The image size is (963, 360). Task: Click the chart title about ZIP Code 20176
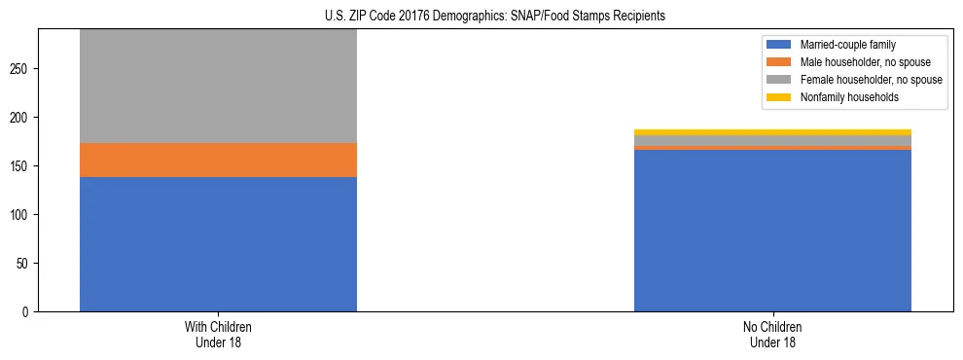click(495, 17)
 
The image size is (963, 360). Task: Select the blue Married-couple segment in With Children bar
click(218, 244)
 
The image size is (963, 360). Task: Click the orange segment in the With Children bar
click(218, 160)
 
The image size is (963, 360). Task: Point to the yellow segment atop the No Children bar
click(772, 132)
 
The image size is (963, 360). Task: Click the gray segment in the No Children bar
click(772, 141)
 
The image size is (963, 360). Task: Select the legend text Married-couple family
click(848, 45)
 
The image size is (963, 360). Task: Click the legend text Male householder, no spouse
click(865, 62)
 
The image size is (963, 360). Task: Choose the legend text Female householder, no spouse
click(871, 80)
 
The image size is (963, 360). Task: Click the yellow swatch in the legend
click(779, 97)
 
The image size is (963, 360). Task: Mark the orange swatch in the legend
click(779, 62)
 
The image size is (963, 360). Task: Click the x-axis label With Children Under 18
click(218, 335)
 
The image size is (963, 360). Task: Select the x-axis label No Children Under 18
click(772, 335)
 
